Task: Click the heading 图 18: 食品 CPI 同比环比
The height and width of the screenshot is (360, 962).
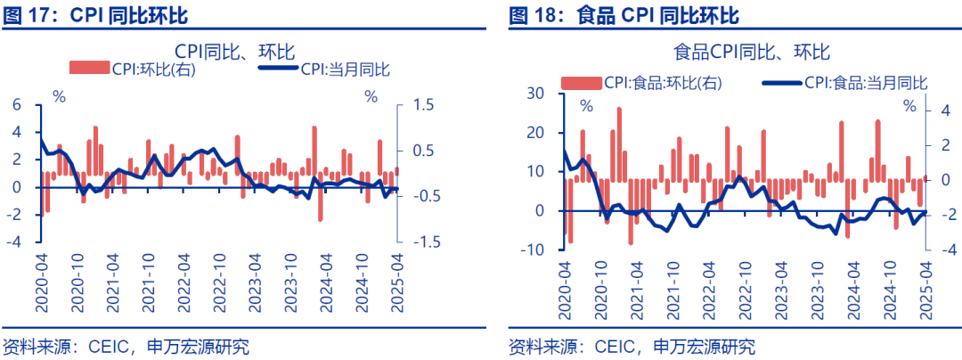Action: click(x=624, y=15)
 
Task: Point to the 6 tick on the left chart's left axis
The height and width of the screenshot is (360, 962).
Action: click(x=15, y=105)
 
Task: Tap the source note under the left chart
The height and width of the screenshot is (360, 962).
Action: click(x=125, y=346)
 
